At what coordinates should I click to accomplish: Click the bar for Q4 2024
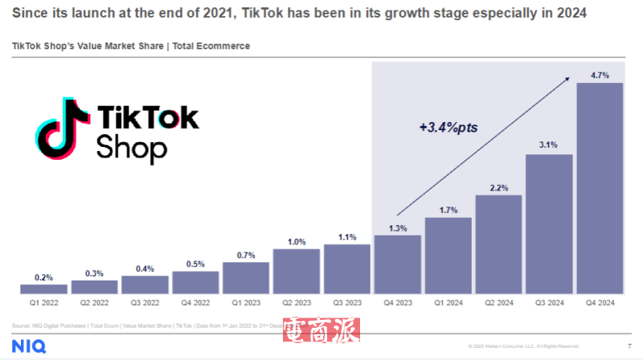[600, 188]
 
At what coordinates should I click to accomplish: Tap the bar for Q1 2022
[44, 288]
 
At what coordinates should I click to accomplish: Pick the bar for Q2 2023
[297, 271]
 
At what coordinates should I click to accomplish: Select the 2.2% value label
[499, 187]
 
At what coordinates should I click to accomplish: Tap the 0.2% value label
[44, 277]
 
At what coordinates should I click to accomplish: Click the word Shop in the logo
[131, 148]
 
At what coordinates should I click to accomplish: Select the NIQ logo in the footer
[27, 346]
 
